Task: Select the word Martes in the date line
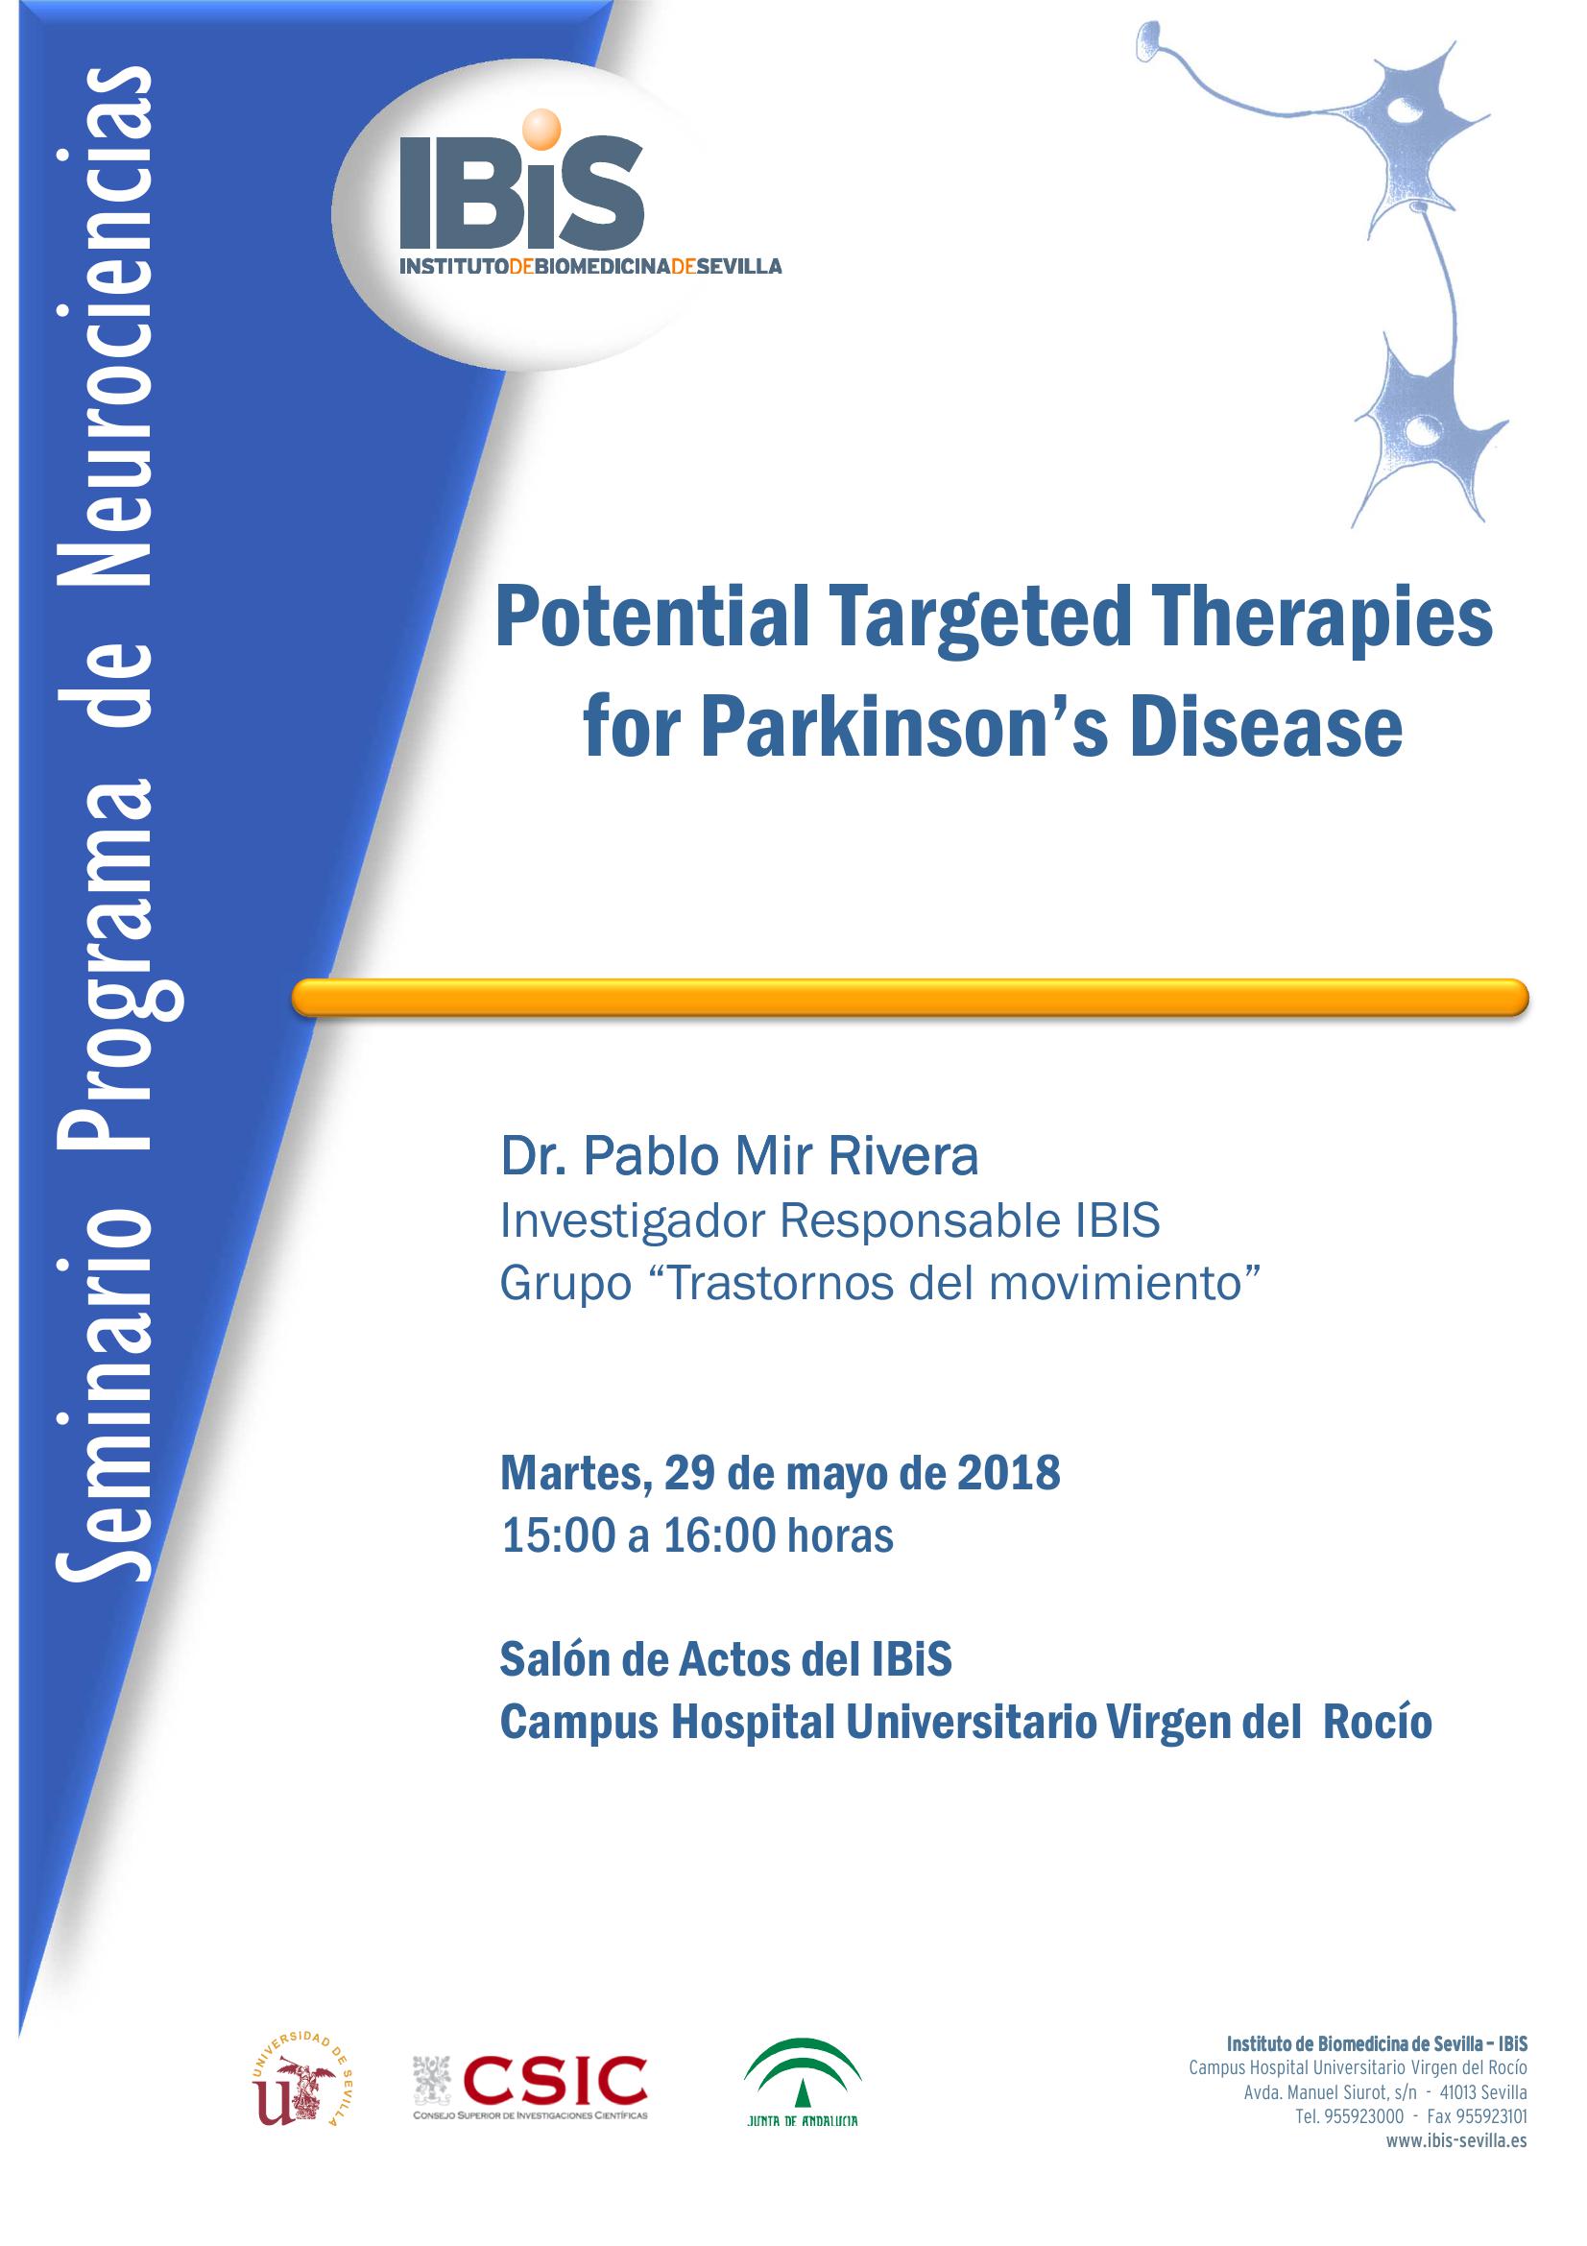point(572,1473)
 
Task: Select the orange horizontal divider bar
point(909,997)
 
